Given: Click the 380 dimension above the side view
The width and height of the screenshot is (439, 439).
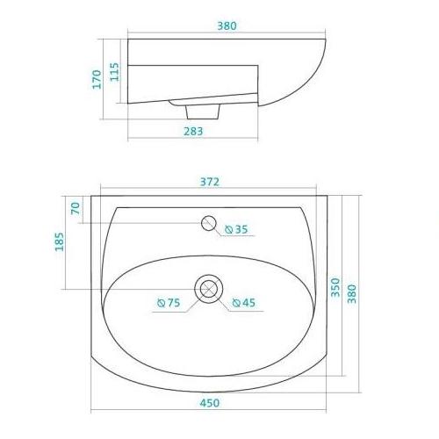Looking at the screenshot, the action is click(227, 25).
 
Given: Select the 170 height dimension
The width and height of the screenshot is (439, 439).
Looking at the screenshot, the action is click(97, 79).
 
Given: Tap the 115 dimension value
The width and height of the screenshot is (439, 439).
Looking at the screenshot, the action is click(114, 72).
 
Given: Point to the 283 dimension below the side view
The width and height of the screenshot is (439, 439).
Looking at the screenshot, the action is click(193, 131).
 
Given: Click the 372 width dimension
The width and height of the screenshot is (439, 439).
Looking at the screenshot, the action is click(210, 182).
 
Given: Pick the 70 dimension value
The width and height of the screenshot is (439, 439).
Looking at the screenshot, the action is click(76, 208).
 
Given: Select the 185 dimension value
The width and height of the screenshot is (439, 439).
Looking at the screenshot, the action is click(59, 241).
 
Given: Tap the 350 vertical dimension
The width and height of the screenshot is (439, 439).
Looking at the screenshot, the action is click(335, 287).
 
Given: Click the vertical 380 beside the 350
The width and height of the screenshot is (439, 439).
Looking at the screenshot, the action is click(352, 293).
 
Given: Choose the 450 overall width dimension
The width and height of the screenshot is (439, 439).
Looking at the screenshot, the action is click(210, 403).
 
